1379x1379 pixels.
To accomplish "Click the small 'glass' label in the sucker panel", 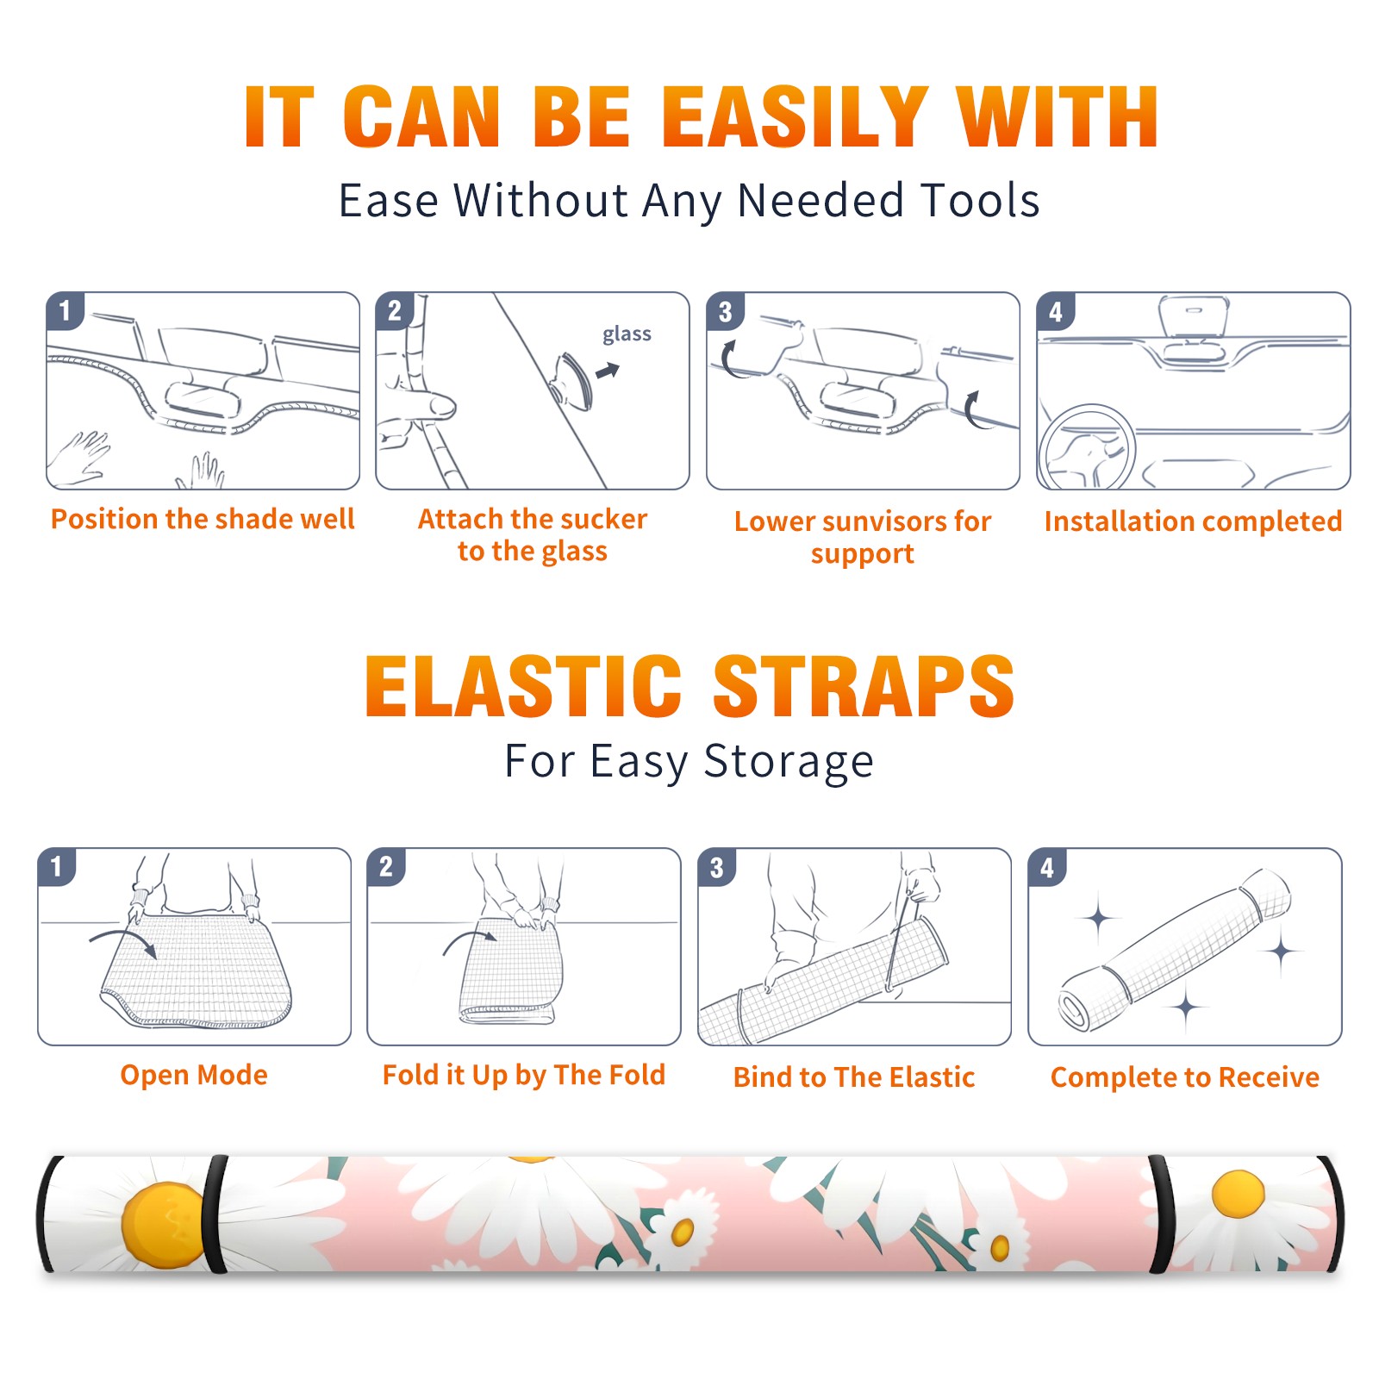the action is (x=627, y=334).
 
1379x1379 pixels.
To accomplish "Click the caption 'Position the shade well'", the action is (x=203, y=519).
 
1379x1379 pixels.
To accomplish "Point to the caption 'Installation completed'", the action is (x=1193, y=521).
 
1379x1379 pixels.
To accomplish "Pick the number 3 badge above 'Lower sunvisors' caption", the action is (x=725, y=311).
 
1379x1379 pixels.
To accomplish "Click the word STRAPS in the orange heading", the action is (x=864, y=686).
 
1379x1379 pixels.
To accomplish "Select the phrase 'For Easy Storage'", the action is (x=689, y=762).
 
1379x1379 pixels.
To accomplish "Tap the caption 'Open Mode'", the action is (x=194, y=1075).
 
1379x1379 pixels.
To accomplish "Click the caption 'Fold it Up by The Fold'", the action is (x=524, y=1076).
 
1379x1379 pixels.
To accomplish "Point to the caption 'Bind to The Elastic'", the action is (x=854, y=1077).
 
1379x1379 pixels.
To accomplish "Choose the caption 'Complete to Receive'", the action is (x=1185, y=1077).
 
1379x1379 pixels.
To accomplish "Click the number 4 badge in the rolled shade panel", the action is (x=1046, y=867).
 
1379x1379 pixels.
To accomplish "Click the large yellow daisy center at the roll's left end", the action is (x=163, y=1225).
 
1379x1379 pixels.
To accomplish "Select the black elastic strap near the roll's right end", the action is (x=1160, y=1214).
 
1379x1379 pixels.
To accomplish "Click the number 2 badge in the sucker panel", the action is (x=395, y=311).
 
